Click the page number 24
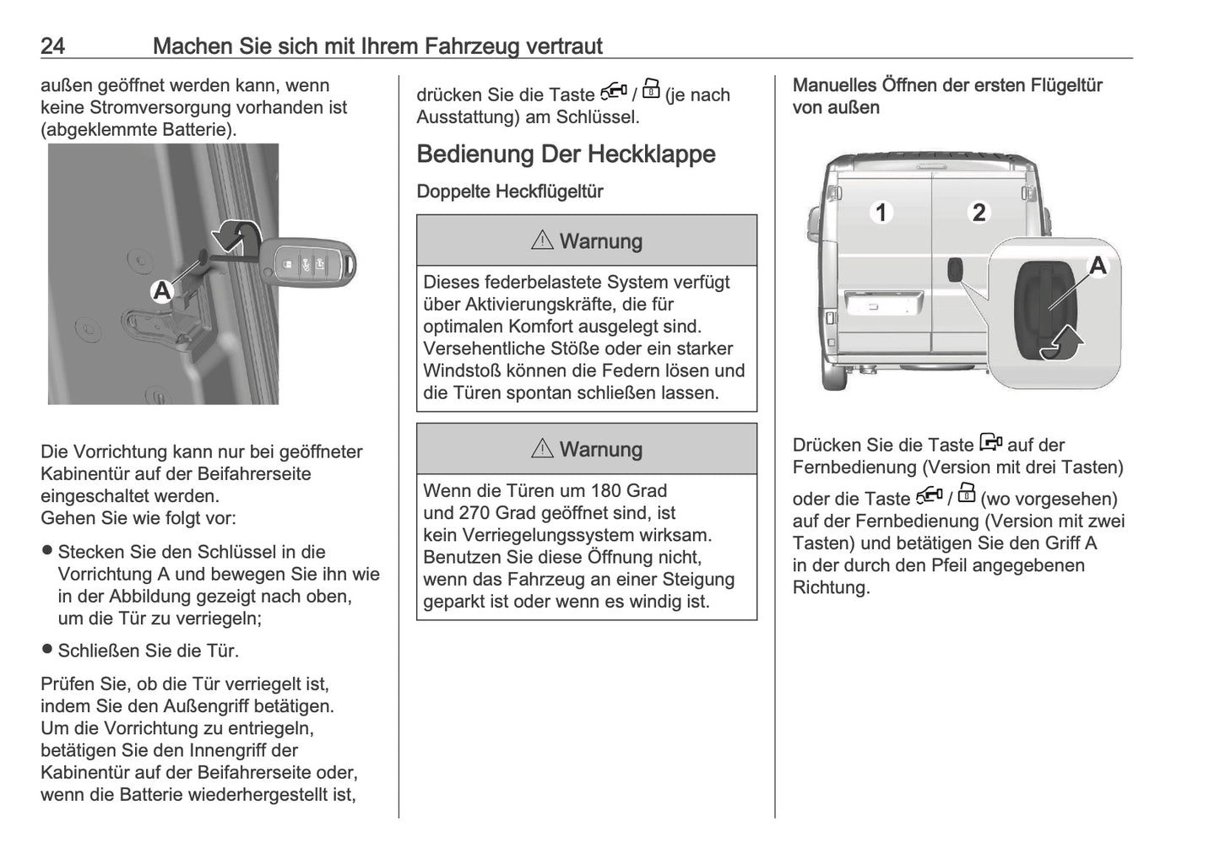tap(52, 46)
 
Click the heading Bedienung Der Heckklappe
tap(566, 154)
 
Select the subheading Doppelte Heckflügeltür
tap(509, 192)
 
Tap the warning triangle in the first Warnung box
tap(542, 240)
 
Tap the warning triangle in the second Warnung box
tap(542, 449)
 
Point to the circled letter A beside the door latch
tap(161, 292)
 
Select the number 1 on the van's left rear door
tap(881, 212)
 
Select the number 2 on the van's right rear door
tap(979, 212)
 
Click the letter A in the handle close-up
tap(1097, 266)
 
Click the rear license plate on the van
tap(879, 305)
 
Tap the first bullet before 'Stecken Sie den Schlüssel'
tap(47, 551)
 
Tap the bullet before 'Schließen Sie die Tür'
tap(47, 650)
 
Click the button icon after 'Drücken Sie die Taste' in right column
tap(991, 442)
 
